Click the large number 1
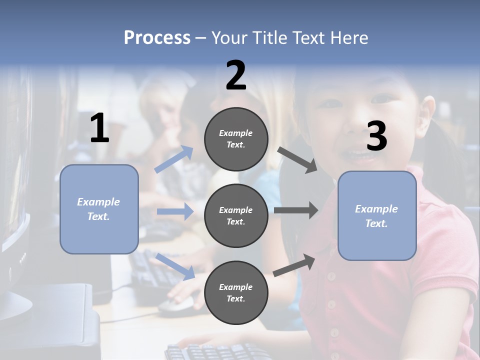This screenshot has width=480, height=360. [99, 128]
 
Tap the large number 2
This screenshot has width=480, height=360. [236, 75]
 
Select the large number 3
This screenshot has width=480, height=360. [377, 136]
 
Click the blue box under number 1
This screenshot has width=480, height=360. [99, 209]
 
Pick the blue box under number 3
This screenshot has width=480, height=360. [377, 215]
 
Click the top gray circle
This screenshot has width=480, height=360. [236, 138]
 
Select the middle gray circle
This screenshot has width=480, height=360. [236, 215]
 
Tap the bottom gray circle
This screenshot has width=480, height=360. [236, 292]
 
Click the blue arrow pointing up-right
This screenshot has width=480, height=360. [174, 159]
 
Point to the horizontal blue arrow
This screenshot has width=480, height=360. [175, 211]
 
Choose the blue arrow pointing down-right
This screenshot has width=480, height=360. [175, 266]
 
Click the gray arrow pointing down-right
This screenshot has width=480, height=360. [297, 159]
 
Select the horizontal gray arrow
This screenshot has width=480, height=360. [296, 210]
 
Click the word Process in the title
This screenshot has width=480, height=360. [157, 37]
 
